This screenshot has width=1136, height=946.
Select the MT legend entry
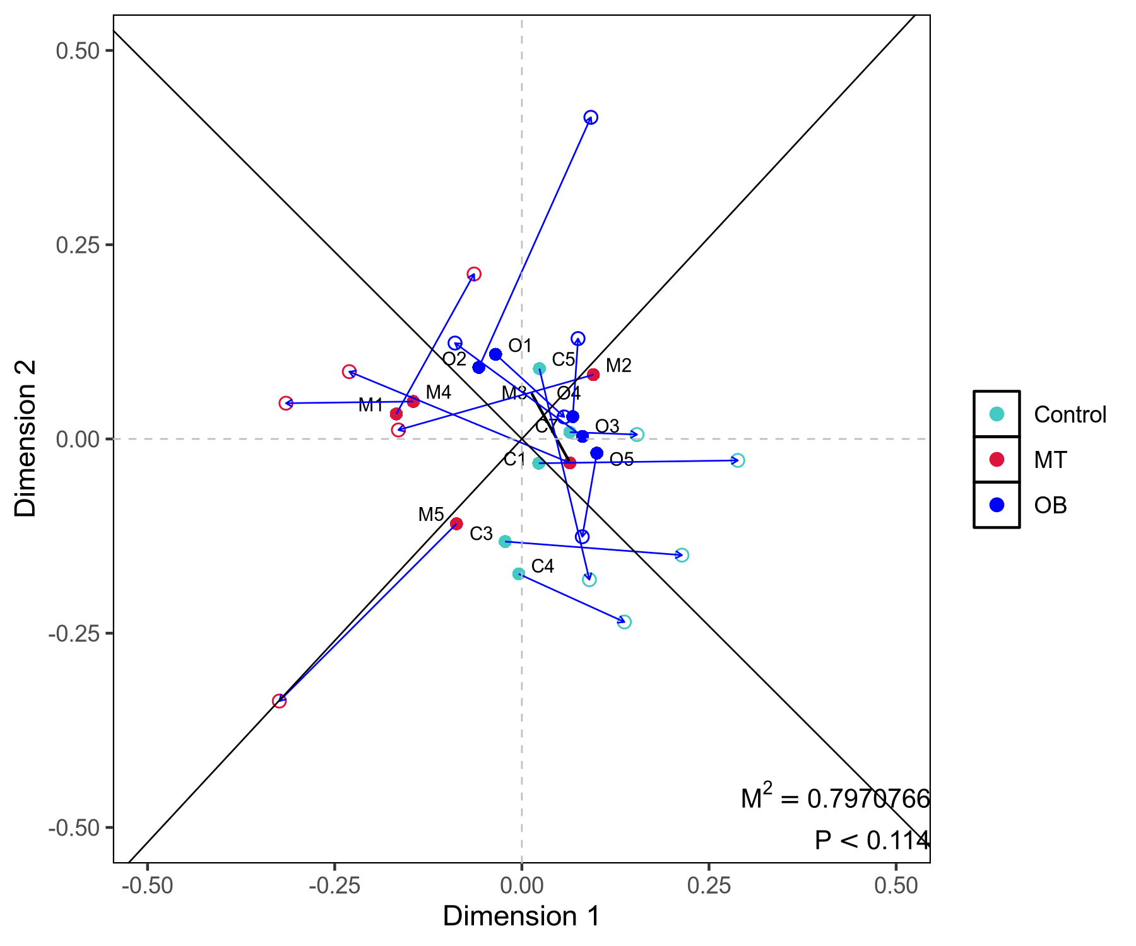coord(1050,460)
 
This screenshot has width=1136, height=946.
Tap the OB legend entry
coord(1050,505)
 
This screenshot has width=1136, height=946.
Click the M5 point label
coord(431,515)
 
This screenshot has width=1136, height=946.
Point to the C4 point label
coord(542,566)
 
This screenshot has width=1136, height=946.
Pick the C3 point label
coord(481,534)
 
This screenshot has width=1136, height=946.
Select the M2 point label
coord(618,366)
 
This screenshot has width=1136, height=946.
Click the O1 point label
coord(520,346)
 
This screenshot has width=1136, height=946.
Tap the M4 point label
coord(438,392)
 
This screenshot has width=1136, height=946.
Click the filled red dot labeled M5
coord(456,523)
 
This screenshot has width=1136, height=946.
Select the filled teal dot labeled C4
coord(519,574)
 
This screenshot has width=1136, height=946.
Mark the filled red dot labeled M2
coord(593,375)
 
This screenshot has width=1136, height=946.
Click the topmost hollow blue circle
coord(591,117)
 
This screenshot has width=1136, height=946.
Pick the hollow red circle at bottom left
coord(279,701)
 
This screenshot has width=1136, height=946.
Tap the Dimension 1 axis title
coord(521,916)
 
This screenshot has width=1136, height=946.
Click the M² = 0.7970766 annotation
coord(835,798)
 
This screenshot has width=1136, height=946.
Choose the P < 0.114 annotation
coord(872,841)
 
